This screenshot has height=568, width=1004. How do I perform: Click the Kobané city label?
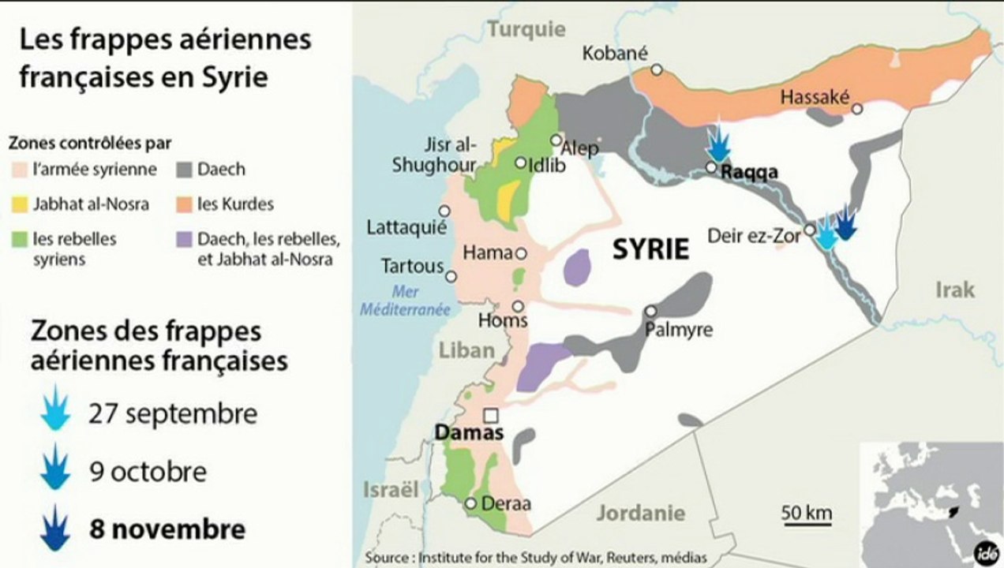615,53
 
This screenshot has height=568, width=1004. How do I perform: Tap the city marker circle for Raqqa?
711,167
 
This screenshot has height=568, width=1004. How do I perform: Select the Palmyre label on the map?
678,330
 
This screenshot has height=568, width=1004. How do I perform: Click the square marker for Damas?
491,415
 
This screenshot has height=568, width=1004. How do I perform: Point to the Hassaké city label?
815,97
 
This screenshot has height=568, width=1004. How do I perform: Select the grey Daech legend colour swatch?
185,169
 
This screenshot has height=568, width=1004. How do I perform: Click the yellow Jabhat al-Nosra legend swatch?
20,204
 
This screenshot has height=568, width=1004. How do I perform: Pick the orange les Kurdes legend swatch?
185,204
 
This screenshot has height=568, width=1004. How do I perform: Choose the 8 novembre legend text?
167,529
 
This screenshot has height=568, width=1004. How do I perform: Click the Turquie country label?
526,29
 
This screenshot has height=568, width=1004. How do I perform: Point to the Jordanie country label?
640,513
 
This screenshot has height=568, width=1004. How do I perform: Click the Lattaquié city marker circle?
444,211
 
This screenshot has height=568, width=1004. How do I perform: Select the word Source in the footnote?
389,557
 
